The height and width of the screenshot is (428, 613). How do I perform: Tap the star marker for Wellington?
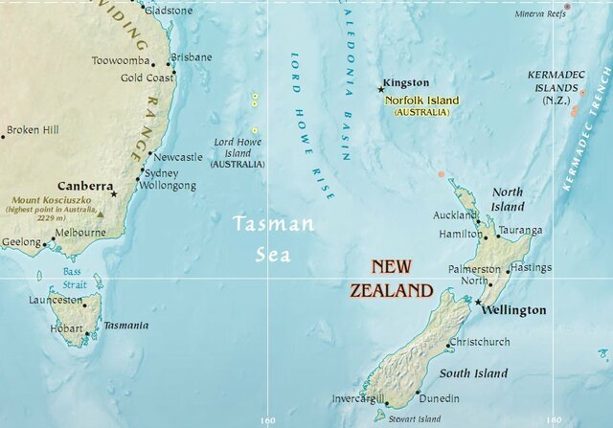pos(479,303)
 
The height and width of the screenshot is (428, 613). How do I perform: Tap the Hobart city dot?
pos(87,334)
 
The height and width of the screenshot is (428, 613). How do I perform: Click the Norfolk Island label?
pos(421,101)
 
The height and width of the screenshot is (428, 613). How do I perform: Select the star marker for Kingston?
pos(381,89)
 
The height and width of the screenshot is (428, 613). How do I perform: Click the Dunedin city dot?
pos(419,393)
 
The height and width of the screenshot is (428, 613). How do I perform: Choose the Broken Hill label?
pos(33,130)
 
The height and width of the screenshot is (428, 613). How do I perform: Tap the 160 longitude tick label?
pos(267,419)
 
